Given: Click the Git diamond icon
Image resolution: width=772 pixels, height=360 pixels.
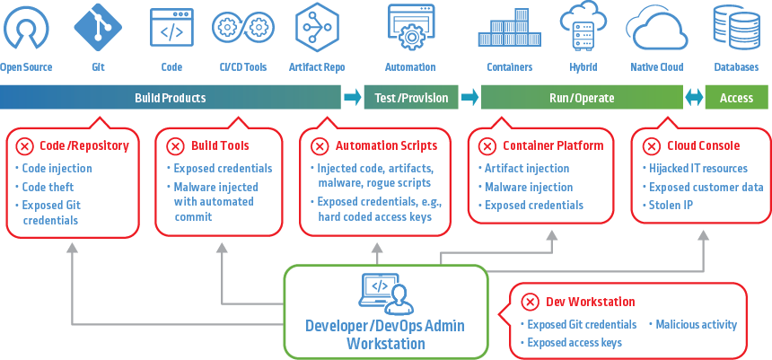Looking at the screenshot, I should coord(99,28).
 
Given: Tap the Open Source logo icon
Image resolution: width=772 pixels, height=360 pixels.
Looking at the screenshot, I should coord(26,29).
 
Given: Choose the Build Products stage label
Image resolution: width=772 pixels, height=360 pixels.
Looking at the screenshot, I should coord(171,98).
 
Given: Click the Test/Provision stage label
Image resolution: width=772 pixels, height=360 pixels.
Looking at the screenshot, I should coord(410,98).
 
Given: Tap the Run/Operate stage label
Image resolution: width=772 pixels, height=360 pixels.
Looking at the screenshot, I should coord(581,98).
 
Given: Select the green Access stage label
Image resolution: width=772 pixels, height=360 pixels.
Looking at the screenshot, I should coord(736,98).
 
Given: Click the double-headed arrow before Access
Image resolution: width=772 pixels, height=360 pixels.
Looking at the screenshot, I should coord(694,98).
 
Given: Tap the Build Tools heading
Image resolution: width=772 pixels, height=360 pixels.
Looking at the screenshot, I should coord(220,145).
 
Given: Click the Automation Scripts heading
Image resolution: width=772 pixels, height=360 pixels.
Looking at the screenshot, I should coord(387,145).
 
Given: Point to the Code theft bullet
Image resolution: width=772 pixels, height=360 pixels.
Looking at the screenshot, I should coord(49,187).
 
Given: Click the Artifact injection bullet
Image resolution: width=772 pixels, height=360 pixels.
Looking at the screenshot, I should coord(527,168).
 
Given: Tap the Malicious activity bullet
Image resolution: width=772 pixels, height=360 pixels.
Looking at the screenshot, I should coord(697,324).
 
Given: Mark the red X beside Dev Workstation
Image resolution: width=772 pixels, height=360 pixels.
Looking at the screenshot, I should coord(530,302).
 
